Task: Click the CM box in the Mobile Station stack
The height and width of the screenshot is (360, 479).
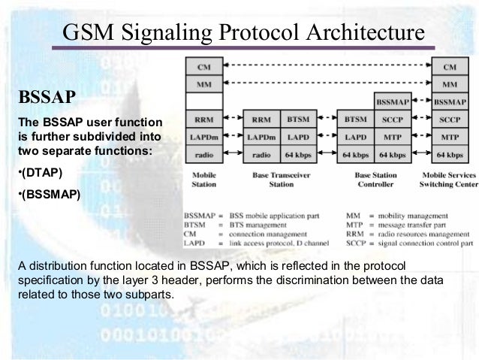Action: point(203,67)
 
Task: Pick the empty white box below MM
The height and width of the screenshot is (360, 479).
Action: point(203,101)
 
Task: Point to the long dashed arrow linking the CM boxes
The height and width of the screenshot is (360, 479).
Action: point(327,67)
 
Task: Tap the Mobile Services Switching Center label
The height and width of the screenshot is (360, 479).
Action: point(448,178)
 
